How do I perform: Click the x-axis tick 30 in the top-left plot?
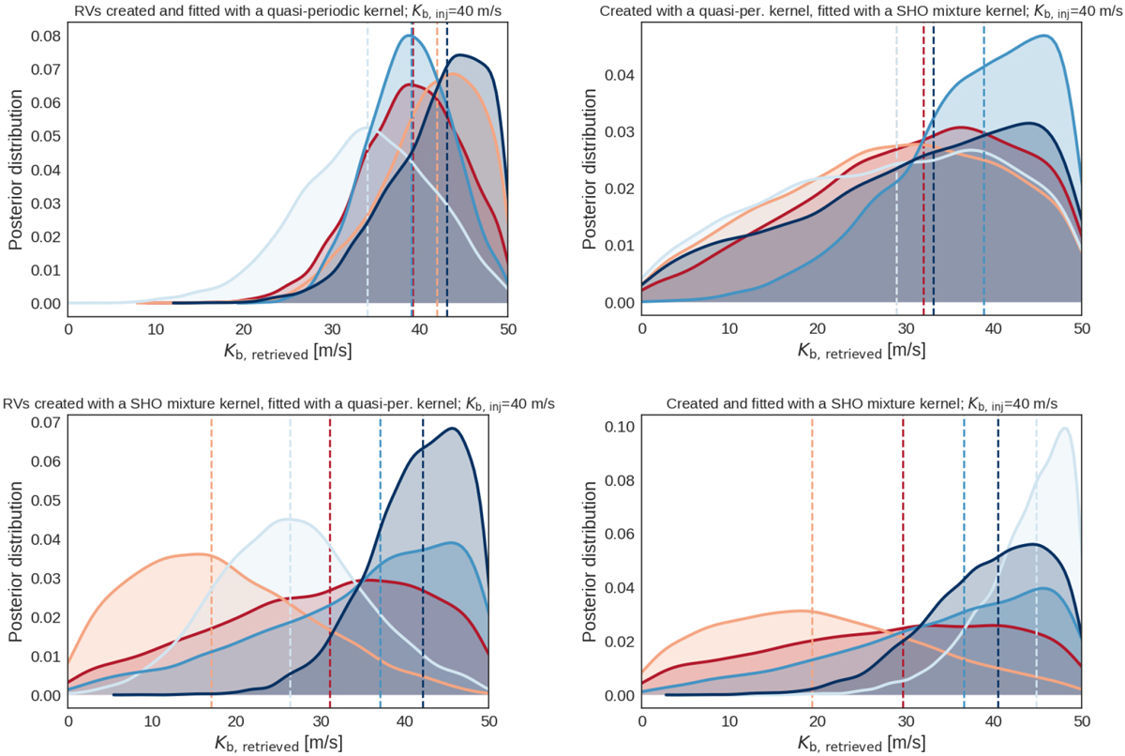click(x=332, y=330)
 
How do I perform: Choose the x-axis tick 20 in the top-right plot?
click(x=817, y=330)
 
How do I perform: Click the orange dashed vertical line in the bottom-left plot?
click(x=212, y=563)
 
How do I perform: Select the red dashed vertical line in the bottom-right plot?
click(x=903, y=563)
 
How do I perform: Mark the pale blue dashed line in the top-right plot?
click(x=897, y=169)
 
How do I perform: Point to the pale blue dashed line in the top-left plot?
click(x=367, y=169)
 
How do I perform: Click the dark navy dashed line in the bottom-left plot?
click(x=423, y=563)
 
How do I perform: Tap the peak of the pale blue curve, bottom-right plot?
click(x=1064, y=429)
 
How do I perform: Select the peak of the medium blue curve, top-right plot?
click(x=1043, y=37)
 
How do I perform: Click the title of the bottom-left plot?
click(x=278, y=403)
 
